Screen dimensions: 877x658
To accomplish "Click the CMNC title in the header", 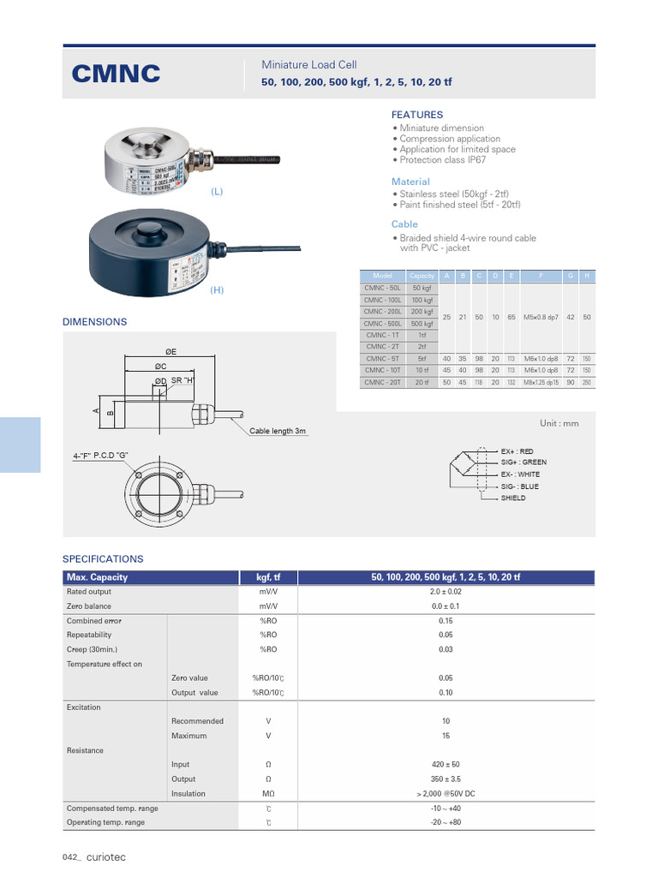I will click(x=116, y=75).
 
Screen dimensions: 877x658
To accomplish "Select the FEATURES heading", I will click(x=417, y=115).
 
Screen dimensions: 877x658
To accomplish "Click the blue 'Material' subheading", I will click(x=410, y=182).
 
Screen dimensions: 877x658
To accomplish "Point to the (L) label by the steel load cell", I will click(x=217, y=192).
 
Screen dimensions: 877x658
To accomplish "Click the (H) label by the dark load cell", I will click(x=217, y=290).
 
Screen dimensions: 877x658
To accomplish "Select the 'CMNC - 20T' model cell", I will click(x=382, y=382).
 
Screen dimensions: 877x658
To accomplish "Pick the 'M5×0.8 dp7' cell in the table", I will click(x=540, y=317).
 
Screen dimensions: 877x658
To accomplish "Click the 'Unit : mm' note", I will click(x=559, y=423).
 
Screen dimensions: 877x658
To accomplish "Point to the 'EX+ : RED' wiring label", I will click(x=517, y=451).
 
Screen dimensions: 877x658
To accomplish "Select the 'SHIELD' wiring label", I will click(x=513, y=498).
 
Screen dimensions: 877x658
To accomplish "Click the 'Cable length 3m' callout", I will click(x=278, y=431).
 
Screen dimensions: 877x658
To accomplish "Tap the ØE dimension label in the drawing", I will click(x=170, y=352).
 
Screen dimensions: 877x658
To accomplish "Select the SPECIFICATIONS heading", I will click(x=103, y=558).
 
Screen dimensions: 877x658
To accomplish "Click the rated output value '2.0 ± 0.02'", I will click(x=445, y=592).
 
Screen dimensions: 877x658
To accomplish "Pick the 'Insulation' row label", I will click(x=188, y=794).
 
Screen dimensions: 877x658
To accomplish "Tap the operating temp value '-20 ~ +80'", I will click(x=445, y=822).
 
